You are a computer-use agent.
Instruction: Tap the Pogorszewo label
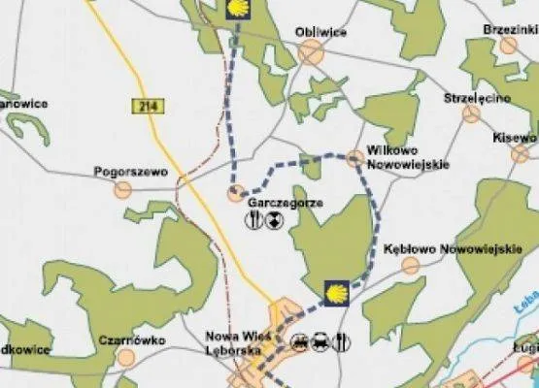tap(131, 172)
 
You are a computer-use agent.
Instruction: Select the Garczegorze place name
tap(285, 203)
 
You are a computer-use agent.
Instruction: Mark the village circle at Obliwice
tap(310, 52)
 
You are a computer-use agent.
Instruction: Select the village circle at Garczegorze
tap(235, 194)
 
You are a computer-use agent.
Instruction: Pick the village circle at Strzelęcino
tap(472, 114)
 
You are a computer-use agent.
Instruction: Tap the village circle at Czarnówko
tap(125, 358)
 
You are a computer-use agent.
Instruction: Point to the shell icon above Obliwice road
tap(236, 10)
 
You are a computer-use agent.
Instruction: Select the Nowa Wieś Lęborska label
tap(235, 345)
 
